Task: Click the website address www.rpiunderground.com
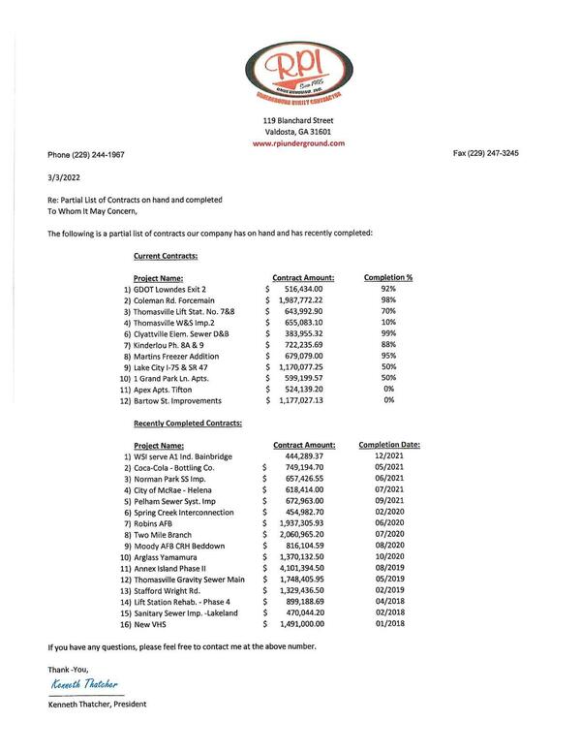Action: (x=298, y=142)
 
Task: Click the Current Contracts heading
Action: (x=165, y=257)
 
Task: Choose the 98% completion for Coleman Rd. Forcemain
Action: (x=387, y=300)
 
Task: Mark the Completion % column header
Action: (x=388, y=277)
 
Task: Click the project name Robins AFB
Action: (x=155, y=523)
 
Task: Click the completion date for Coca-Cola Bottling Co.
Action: (x=386, y=467)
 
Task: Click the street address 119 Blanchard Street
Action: (x=298, y=120)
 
